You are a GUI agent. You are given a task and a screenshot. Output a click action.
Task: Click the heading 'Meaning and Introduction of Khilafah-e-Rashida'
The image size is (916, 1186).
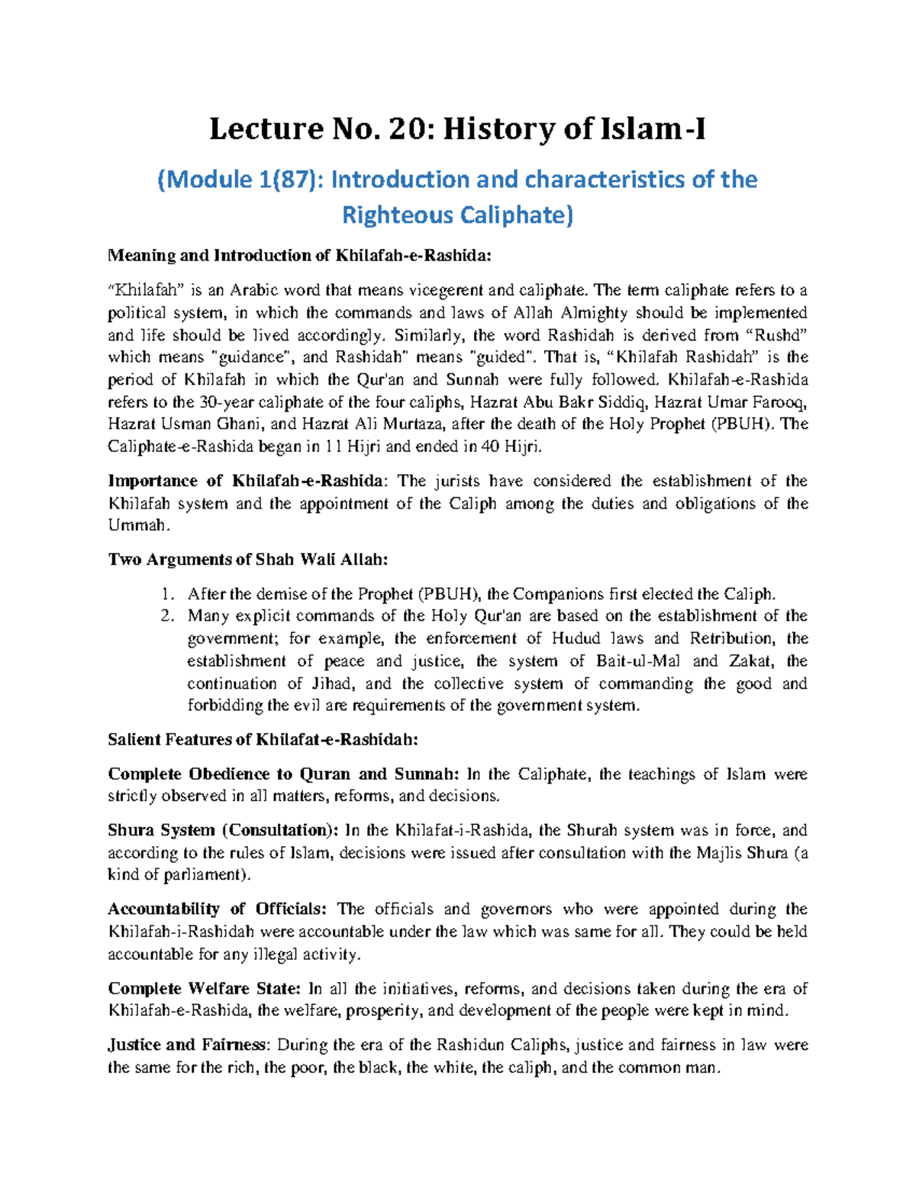point(300,255)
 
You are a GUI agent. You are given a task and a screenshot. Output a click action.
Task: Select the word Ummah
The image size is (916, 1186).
point(135,525)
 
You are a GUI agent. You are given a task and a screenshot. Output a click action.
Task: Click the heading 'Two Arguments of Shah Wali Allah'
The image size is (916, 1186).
point(248,559)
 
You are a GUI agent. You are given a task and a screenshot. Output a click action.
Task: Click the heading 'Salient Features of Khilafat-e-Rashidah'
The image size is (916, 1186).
point(263,739)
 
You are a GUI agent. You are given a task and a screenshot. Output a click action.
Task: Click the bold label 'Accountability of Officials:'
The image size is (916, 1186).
point(218,909)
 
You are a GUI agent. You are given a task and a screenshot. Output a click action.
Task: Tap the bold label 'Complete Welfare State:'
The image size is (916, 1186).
point(205,988)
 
